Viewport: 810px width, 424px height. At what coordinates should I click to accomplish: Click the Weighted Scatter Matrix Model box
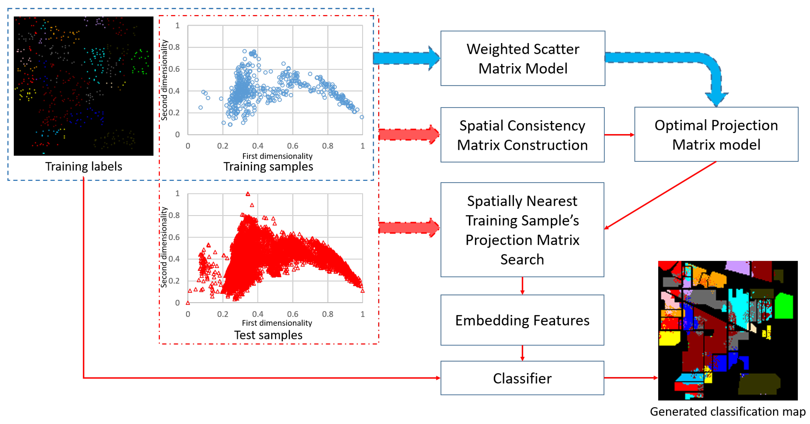click(x=522, y=58)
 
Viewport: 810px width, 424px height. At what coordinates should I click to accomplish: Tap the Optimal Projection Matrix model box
click(x=716, y=135)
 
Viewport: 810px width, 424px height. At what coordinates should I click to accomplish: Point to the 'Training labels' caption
click(x=84, y=166)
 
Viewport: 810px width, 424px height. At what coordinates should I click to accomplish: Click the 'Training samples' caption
click(x=268, y=166)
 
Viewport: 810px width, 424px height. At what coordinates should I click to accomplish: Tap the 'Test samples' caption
click(x=268, y=335)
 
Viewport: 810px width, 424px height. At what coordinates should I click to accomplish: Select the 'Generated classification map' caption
click(x=728, y=411)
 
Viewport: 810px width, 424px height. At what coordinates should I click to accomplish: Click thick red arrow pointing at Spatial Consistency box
click(x=409, y=135)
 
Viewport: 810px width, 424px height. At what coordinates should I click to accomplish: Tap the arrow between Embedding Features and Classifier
click(x=522, y=353)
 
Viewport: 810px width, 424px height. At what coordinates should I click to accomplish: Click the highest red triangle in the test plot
click(x=248, y=194)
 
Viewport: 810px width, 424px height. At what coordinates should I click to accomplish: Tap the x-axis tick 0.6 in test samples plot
click(x=292, y=314)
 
